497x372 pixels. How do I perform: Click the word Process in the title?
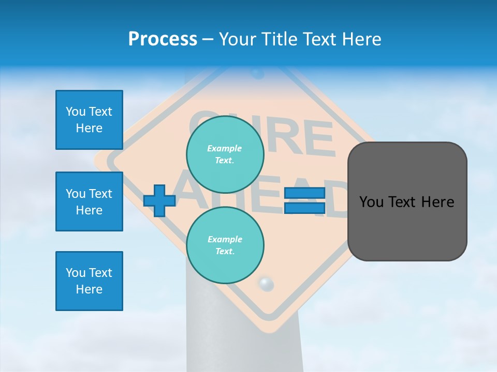point(163,39)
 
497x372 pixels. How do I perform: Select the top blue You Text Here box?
point(89,120)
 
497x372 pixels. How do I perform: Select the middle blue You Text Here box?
point(89,202)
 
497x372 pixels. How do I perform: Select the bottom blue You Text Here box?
point(89,281)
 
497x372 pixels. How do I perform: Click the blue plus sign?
point(159,200)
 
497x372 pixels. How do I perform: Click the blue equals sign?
point(304,200)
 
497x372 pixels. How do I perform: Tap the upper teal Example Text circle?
point(225,154)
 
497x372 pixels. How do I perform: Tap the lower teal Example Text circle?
point(225,245)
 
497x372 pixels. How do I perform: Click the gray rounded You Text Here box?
point(407,202)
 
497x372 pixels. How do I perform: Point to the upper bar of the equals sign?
point(304,193)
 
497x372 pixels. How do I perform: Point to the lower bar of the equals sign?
point(304,208)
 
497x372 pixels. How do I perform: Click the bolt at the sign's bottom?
point(266,284)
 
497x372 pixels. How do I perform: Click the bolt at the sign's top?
point(257,73)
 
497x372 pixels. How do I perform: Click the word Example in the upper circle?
point(225,148)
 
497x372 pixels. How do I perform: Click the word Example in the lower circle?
point(225,239)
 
